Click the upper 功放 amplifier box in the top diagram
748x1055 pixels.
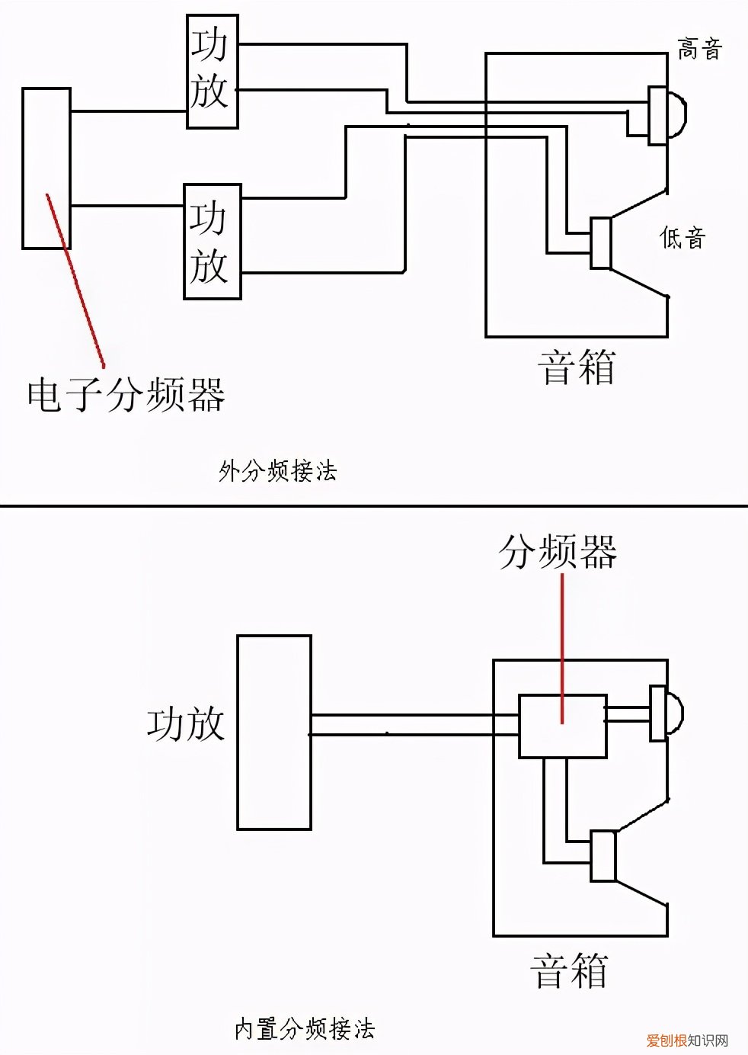[x=213, y=70]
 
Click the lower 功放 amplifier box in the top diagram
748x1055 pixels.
[x=213, y=242]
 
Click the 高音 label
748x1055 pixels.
[x=699, y=50]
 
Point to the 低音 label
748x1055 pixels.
[x=682, y=238]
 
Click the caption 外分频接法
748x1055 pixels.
[x=277, y=471]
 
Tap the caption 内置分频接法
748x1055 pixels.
[x=305, y=1029]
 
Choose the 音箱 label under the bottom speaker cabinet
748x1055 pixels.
[x=569, y=971]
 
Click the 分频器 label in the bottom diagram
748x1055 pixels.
[x=558, y=552]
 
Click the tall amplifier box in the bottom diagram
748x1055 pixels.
[x=274, y=732]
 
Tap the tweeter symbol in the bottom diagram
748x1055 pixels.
[x=665, y=713]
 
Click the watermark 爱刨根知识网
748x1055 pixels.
[x=687, y=1041]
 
